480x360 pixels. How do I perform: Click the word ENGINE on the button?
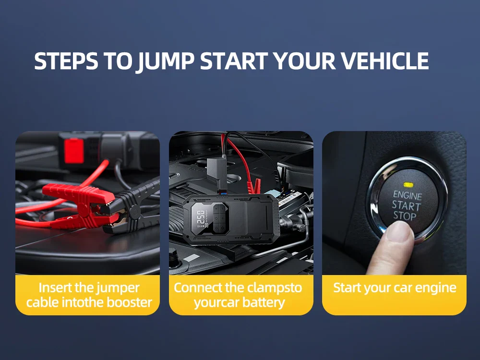(408, 195)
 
